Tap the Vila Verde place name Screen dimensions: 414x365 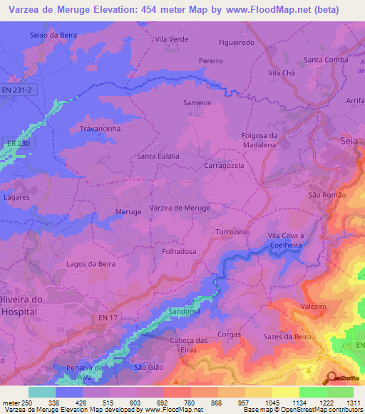(x=172, y=40)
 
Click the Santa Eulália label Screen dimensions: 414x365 (x=158, y=156)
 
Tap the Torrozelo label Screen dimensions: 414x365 (x=231, y=232)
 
